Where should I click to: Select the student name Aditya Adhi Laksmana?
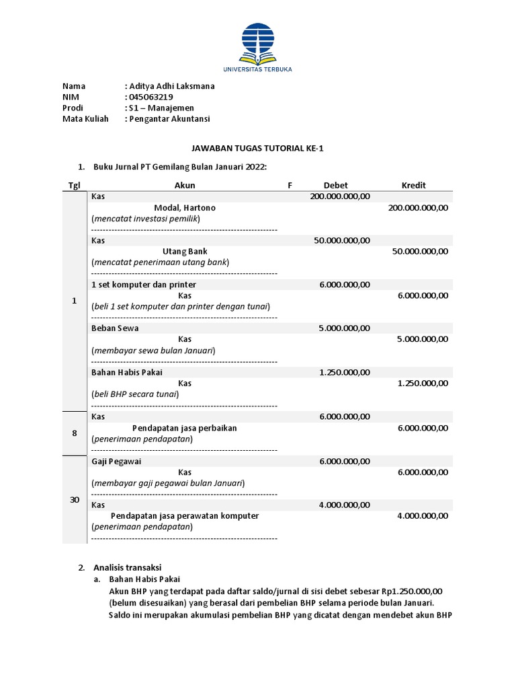pyautogui.click(x=172, y=86)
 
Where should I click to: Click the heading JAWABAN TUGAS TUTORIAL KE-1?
pyautogui.click(x=259, y=148)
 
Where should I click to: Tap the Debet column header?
pyautogui.click(x=335, y=185)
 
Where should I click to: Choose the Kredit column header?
pyautogui.click(x=413, y=185)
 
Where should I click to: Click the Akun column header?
pyautogui.click(x=185, y=185)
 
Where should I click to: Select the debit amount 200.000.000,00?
pyautogui.click(x=340, y=196)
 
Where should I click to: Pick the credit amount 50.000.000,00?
pyautogui.click(x=420, y=251)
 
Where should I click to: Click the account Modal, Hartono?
pyautogui.click(x=185, y=208)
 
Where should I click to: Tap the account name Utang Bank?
pyautogui.click(x=185, y=251)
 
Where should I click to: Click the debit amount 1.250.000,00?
pyautogui.click(x=345, y=372)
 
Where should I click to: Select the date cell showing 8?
pyautogui.click(x=75, y=433)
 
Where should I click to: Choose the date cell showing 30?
pyautogui.click(x=75, y=499)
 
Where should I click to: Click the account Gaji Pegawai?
pyautogui.click(x=116, y=461)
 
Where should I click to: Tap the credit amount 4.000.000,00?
pyautogui.click(x=423, y=515)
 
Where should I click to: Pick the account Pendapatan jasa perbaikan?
pyautogui.click(x=184, y=428)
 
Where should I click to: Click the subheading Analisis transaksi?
pyautogui.click(x=128, y=567)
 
